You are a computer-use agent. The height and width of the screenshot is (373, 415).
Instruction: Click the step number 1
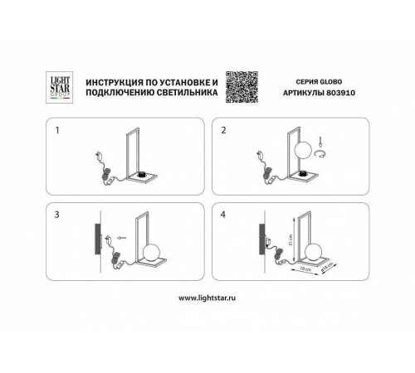pos(57,130)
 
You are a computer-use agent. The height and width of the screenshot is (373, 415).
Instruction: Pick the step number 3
pos(57,215)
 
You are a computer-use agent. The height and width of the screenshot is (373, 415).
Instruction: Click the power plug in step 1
pos(98,155)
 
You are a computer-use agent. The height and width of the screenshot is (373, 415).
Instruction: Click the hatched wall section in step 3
pos(98,241)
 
